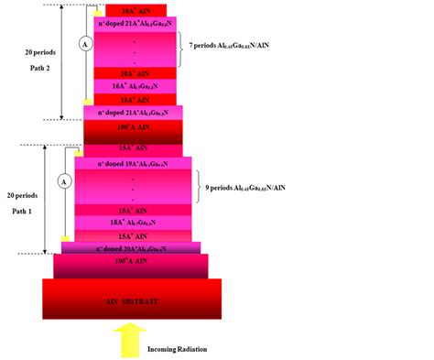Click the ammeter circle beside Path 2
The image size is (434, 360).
coord(84,43)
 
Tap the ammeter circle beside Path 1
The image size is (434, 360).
coord(63,182)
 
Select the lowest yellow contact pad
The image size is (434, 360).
coord(66,239)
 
